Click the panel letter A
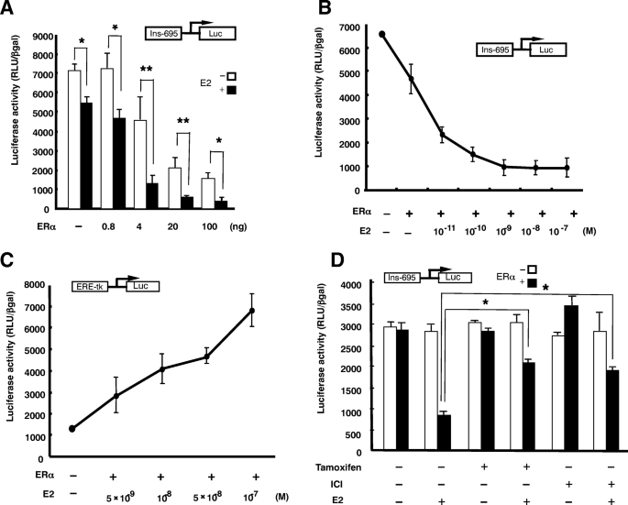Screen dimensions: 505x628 pos(11,11)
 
